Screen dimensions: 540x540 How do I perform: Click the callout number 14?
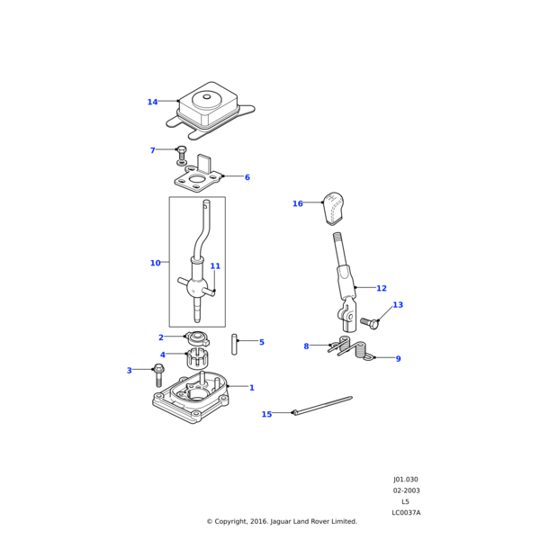pos(152,102)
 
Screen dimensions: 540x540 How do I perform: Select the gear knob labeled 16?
pos(333,209)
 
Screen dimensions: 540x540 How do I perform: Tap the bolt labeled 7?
pos(182,156)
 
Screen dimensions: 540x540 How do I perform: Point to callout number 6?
pos(247,177)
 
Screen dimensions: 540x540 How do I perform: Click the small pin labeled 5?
pos(234,344)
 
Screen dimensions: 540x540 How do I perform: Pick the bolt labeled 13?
pos(370,323)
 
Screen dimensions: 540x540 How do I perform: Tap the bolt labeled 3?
pos(158,375)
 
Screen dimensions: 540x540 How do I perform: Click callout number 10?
pos(156,263)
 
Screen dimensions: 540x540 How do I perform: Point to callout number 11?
pos(215,266)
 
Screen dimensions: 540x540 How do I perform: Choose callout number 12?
pos(382,288)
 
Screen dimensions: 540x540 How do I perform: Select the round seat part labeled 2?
pos(197,338)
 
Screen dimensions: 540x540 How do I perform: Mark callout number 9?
pos(398,359)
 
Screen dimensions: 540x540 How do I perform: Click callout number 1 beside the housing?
pos(252,388)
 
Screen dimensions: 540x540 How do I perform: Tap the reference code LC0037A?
pos(406,512)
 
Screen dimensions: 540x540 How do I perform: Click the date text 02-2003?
pos(407,490)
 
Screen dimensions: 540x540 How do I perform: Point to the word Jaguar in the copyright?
pos(281,522)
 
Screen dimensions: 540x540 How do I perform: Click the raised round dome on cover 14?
pos(207,100)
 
